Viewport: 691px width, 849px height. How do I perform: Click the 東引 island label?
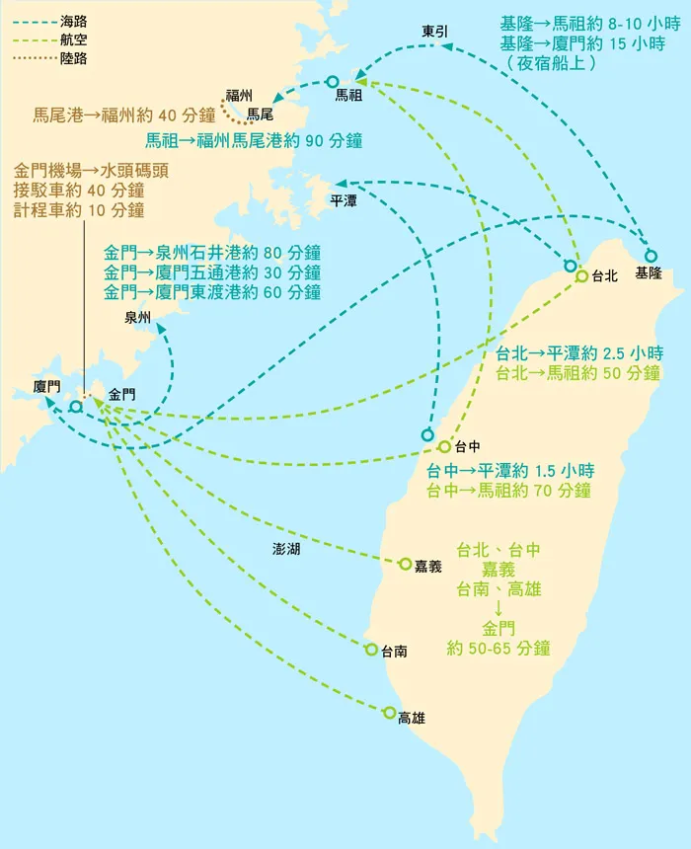tap(434, 32)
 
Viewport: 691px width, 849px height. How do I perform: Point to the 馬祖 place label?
tap(349, 96)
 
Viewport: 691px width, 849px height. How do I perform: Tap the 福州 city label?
tap(240, 95)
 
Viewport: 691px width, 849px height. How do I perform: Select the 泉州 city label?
tap(138, 318)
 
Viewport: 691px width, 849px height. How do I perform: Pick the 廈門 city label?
tap(47, 386)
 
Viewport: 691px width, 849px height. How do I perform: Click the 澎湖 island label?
tap(286, 549)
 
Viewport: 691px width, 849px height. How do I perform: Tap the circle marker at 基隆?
tap(651, 256)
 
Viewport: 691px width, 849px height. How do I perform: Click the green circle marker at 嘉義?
tap(405, 564)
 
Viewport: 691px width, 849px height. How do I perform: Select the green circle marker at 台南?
tap(371, 649)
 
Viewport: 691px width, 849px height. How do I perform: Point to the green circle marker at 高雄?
tap(390, 712)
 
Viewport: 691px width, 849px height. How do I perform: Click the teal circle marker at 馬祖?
tap(332, 82)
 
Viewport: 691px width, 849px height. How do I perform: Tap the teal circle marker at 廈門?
tap(75, 407)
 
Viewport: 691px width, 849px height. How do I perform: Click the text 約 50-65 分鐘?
tap(499, 649)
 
